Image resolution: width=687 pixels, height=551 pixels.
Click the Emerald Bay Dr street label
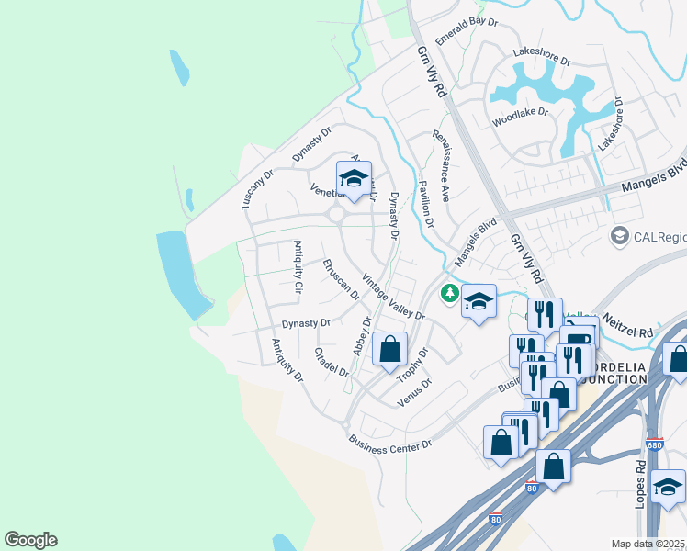coord(466,34)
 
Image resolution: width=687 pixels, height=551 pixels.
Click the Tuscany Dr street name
coord(258,189)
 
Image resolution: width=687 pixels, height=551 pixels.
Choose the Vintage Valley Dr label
coord(393,297)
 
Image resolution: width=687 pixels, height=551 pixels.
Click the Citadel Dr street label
coord(332,362)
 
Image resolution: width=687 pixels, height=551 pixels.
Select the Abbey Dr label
coord(361,336)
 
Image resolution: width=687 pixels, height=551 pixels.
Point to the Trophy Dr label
coord(412,365)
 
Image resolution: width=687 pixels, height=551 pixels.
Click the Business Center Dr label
coord(389,444)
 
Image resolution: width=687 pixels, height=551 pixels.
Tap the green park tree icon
coord(449,293)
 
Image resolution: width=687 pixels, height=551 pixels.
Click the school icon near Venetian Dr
coord(354,178)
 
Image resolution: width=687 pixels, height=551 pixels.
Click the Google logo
coord(30,540)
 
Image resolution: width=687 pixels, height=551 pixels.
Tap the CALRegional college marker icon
coord(620,237)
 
